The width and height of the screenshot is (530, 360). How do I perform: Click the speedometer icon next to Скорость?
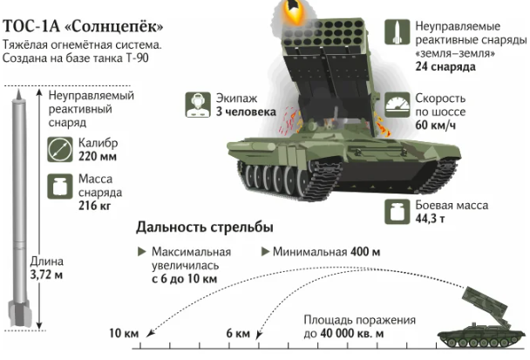(396, 106)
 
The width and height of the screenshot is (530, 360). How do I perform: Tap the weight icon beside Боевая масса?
(396, 209)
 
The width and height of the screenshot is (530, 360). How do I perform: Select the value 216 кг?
(95, 207)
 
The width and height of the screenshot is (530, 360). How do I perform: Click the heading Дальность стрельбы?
(205, 228)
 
